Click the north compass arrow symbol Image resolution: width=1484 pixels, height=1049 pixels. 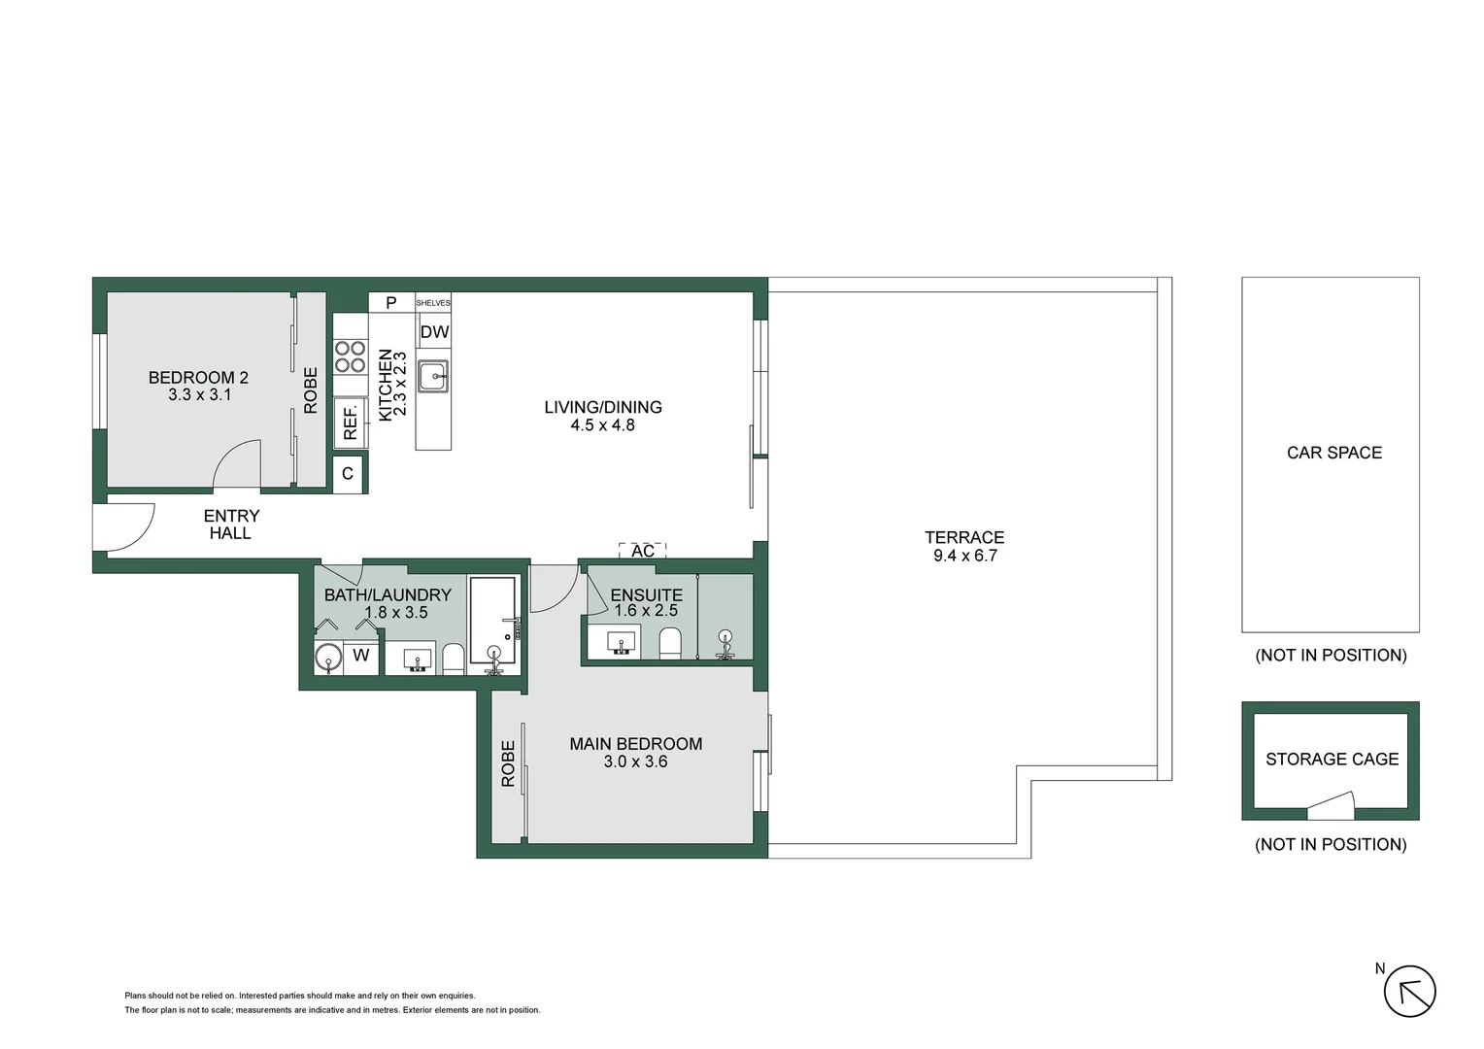1408,993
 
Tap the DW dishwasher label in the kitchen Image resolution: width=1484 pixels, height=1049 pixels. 434,332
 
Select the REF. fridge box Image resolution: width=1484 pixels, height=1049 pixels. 350,423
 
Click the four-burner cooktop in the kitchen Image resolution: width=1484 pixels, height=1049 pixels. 350,356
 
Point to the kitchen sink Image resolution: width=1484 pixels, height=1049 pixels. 433,376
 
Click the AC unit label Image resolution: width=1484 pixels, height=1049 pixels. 642,551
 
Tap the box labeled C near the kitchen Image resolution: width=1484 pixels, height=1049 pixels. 348,475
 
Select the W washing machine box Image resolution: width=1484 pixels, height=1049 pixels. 361,656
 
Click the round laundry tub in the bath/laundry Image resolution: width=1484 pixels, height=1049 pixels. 328,657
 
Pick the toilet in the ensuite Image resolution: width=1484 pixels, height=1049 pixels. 670,643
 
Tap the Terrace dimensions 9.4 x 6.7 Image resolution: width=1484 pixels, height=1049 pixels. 964,556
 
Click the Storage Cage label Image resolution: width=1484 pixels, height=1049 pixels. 1332,759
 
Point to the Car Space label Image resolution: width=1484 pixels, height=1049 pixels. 1333,453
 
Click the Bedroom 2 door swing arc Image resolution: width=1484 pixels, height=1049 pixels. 236,464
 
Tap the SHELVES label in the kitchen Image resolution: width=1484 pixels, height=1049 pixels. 433,303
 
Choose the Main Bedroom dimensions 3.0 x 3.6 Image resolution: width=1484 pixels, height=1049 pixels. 635,761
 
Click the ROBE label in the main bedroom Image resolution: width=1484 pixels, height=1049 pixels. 508,763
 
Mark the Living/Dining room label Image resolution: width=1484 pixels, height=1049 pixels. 602,407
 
